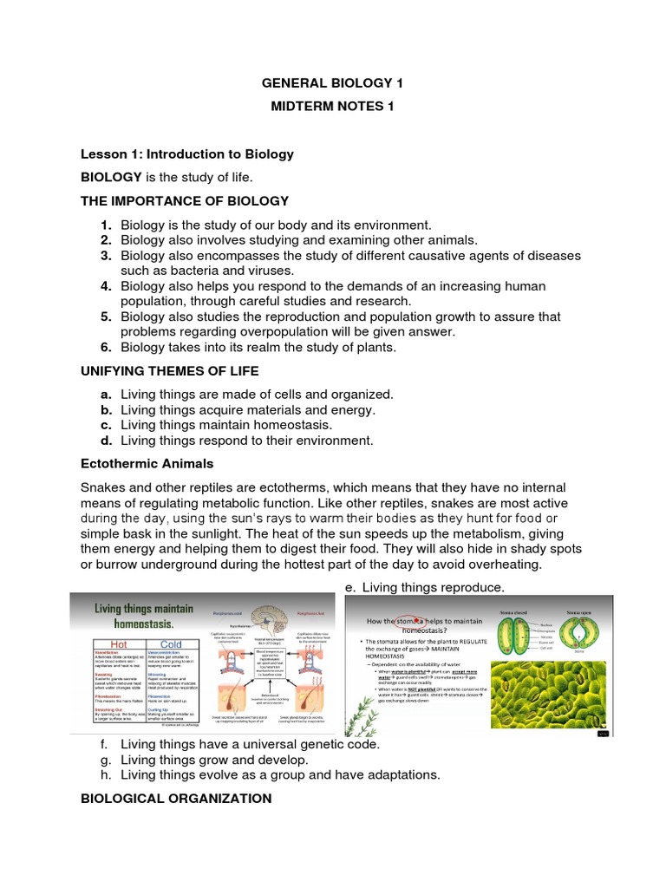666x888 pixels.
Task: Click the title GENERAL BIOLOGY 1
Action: [333, 84]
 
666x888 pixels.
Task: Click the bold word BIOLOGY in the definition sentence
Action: [111, 177]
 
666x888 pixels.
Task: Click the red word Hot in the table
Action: [117, 644]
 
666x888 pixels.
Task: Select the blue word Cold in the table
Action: [170, 644]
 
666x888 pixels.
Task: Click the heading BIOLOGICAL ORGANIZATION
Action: [176, 798]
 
